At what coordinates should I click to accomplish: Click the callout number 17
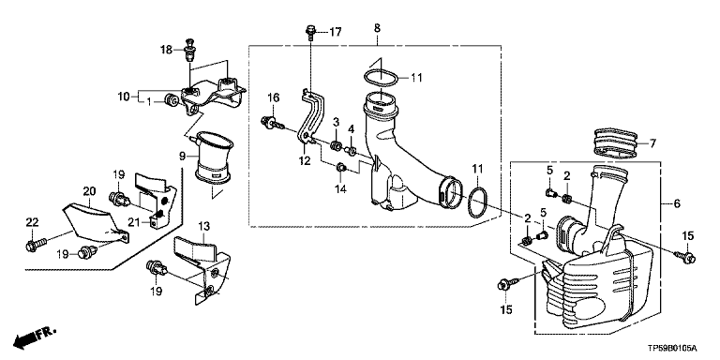(336, 32)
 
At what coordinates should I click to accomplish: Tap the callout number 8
(377, 28)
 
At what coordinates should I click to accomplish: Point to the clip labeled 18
(189, 51)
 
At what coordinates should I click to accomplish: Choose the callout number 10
(124, 97)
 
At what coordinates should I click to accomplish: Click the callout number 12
(305, 160)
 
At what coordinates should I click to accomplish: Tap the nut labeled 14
(341, 169)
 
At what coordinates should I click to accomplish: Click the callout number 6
(677, 202)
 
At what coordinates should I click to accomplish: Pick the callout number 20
(88, 189)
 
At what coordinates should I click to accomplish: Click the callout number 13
(203, 226)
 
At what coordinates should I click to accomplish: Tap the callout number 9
(182, 157)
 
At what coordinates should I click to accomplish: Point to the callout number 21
(133, 222)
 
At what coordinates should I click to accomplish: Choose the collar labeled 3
(336, 146)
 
